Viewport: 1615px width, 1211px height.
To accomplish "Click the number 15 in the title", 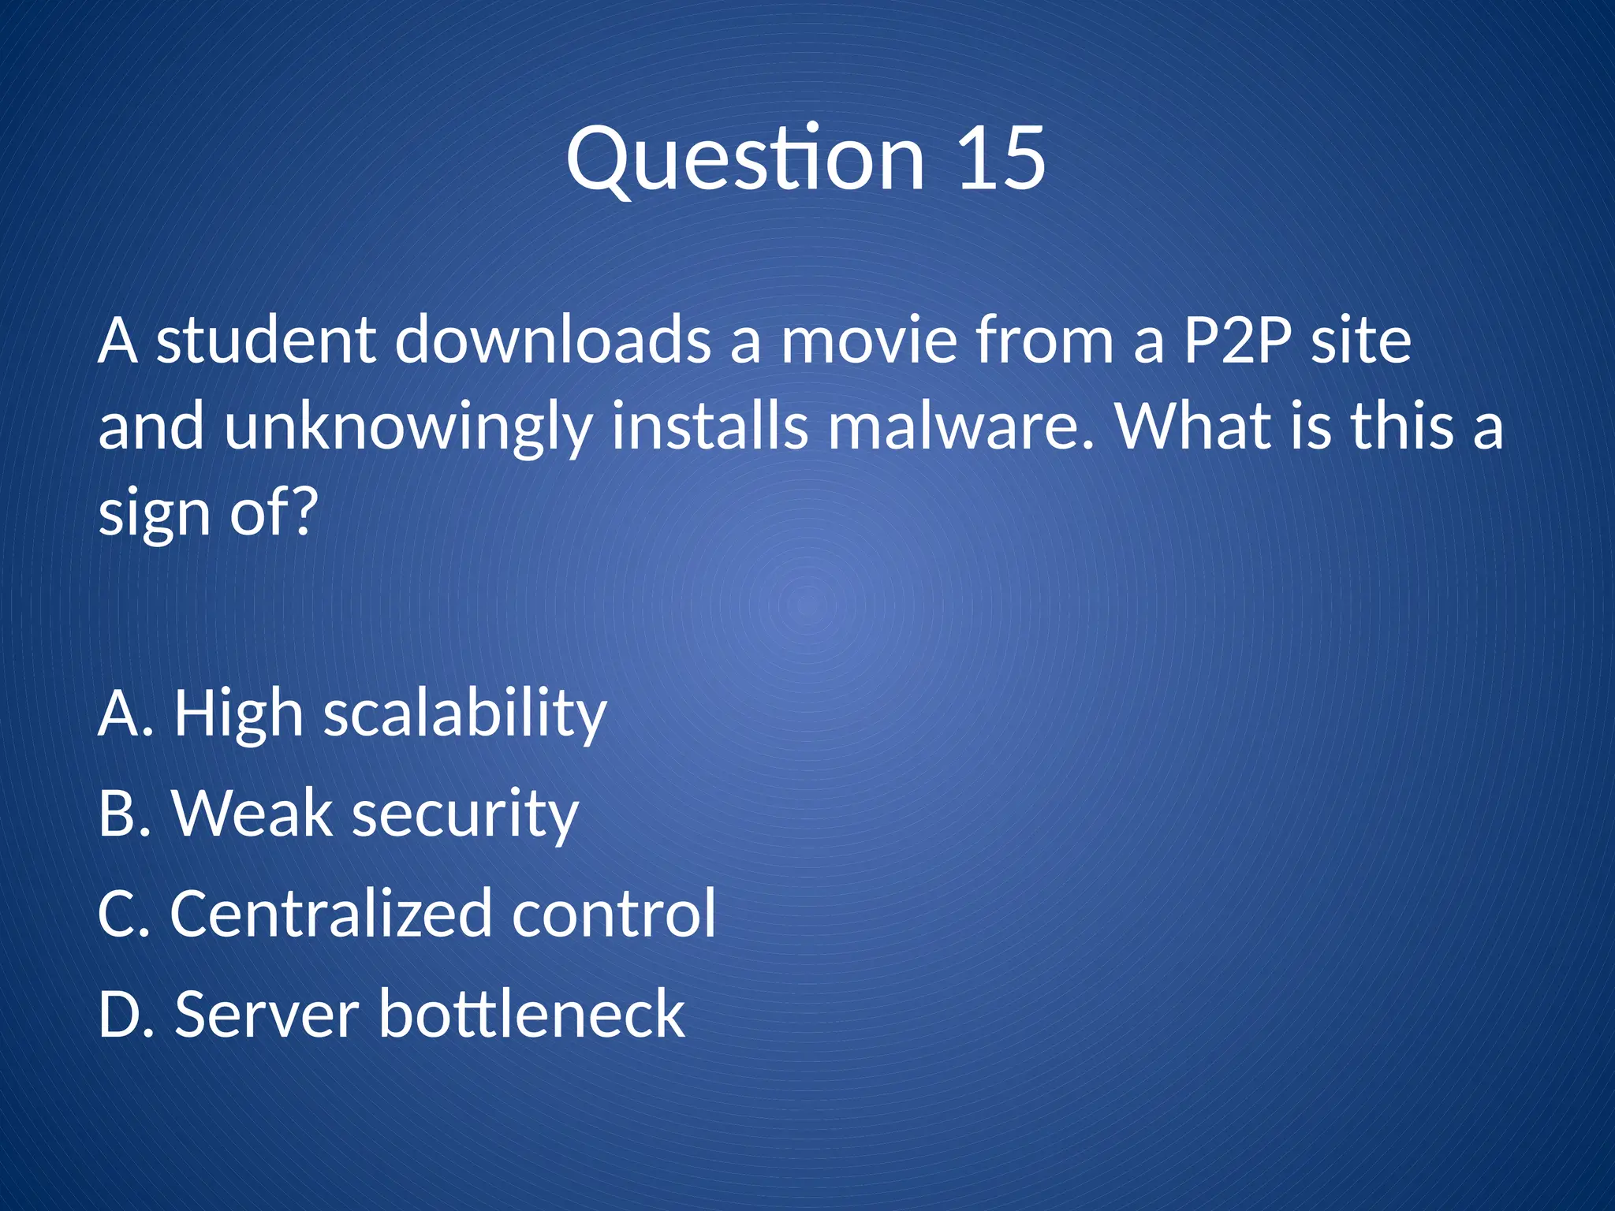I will [1001, 159].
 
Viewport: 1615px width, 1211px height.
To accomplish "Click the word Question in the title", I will [745, 161].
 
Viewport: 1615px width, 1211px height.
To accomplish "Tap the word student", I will [265, 341].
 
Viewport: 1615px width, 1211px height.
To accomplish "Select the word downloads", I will [552, 341].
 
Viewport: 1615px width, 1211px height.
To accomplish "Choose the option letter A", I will [118, 714].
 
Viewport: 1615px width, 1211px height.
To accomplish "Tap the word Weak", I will [252, 814].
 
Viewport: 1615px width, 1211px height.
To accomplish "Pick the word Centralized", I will [331, 914].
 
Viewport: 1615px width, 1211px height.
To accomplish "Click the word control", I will [614, 914].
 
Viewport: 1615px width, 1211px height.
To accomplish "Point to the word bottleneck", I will [532, 1015].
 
